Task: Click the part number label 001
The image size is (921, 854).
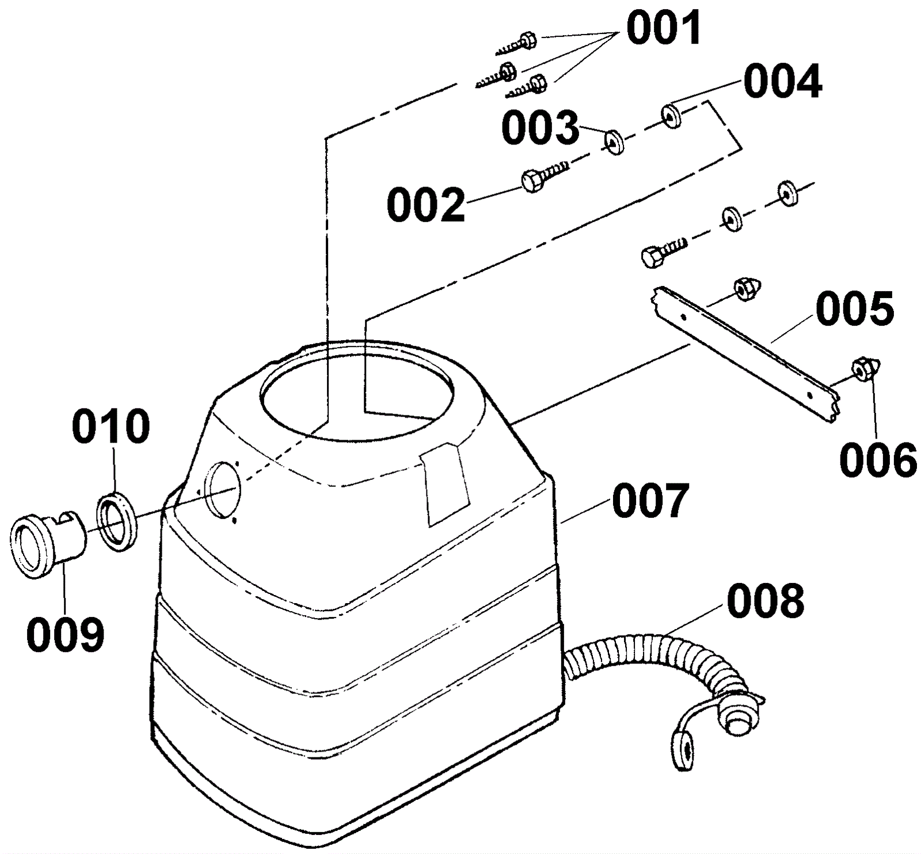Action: tap(663, 28)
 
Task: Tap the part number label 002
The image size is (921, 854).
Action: tap(425, 205)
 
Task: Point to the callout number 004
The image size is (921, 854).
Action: tap(782, 82)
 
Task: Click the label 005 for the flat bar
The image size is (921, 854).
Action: tap(854, 308)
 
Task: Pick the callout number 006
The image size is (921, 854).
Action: tap(878, 460)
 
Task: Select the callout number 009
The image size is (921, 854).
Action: tap(65, 634)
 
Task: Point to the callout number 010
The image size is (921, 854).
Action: tap(111, 426)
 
